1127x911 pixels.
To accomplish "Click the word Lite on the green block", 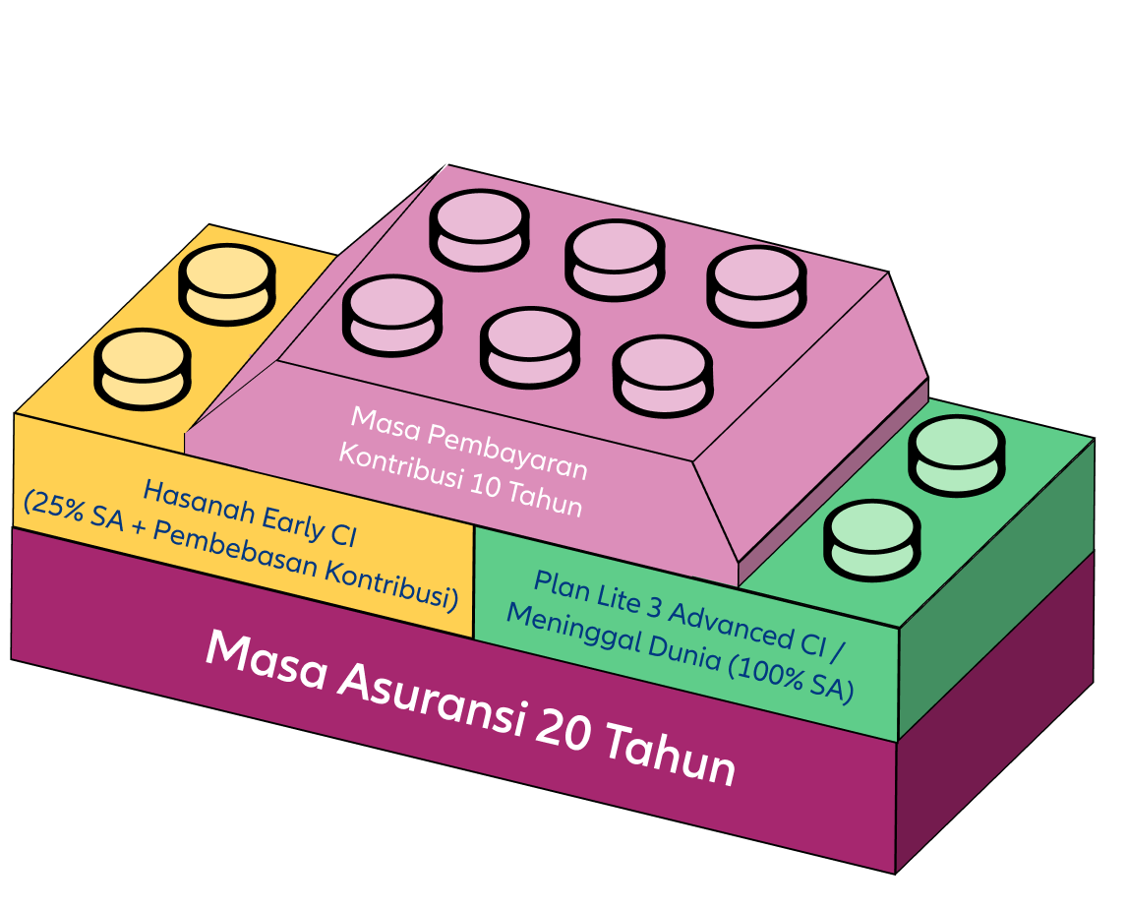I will coord(618,599).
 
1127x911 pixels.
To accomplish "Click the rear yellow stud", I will coord(226,282).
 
